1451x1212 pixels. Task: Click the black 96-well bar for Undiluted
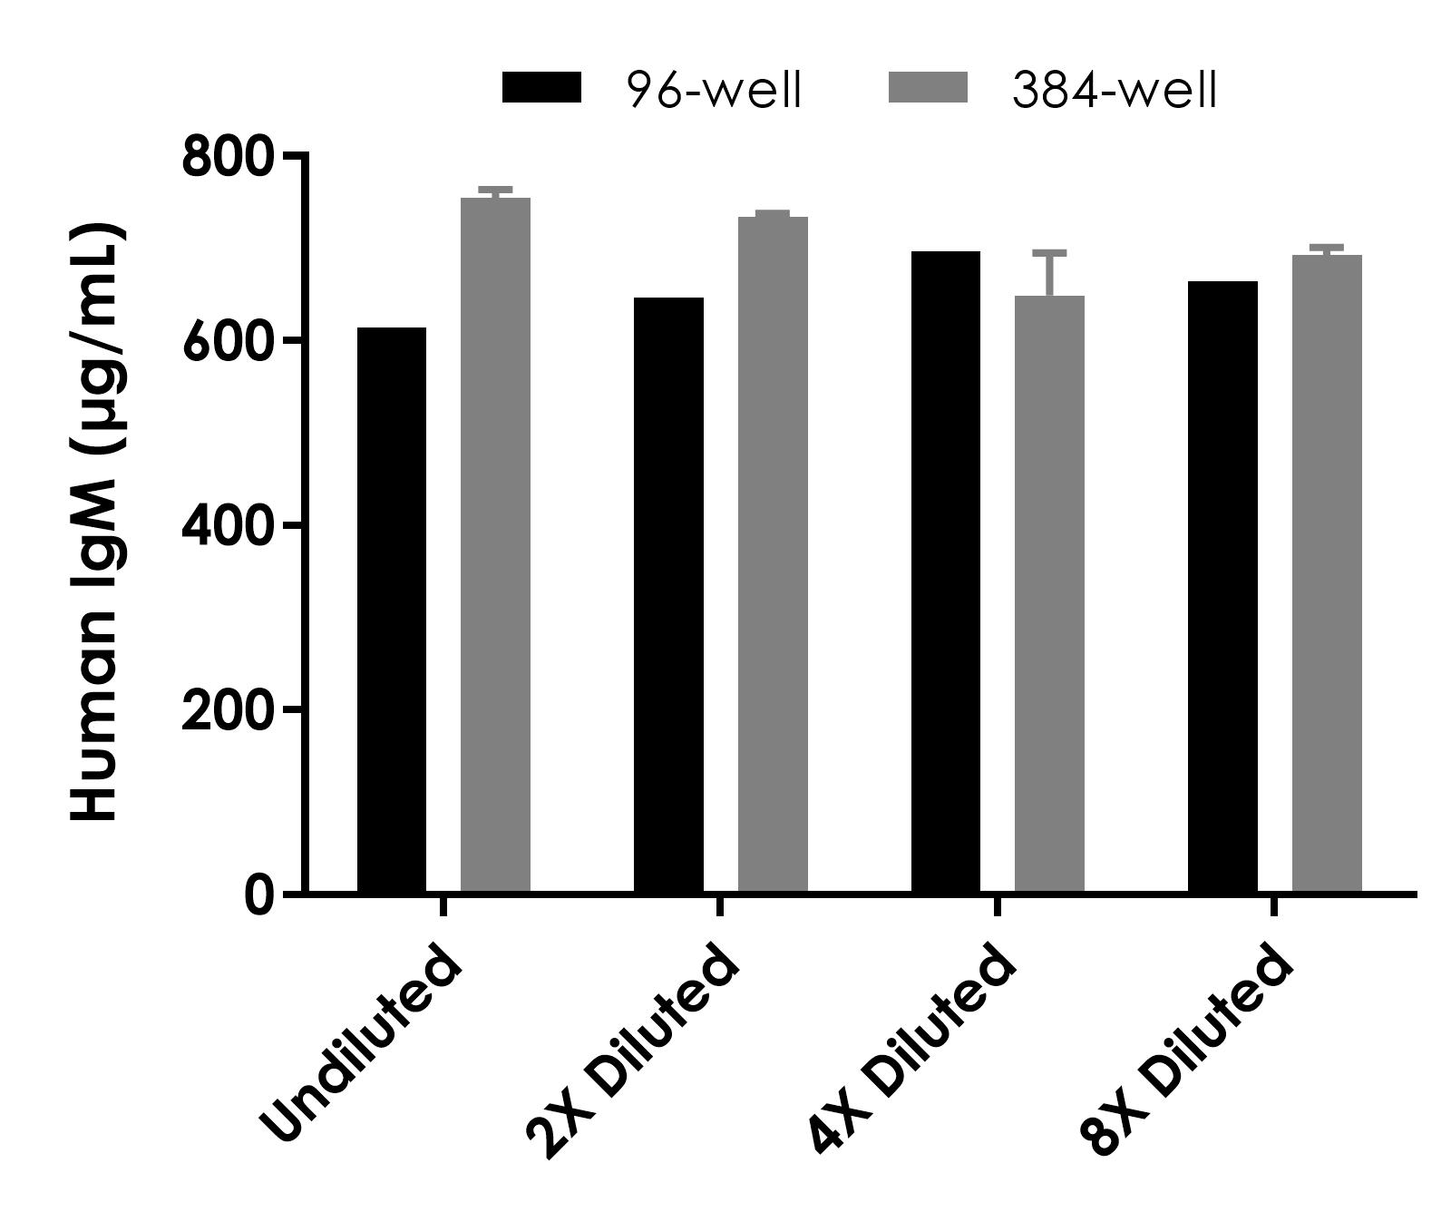pyautogui.click(x=391, y=610)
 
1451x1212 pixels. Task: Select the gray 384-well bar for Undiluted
pyautogui.click(x=495, y=544)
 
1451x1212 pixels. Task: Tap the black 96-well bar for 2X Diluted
pyautogui.click(x=668, y=594)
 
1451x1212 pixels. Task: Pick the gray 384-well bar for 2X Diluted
pyautogui.click(x=773, y=553)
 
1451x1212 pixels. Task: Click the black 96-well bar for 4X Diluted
pyautogui.click(x=945, y=572)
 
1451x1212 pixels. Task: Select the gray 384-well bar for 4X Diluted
pyautogui.click(x=1049, y=594)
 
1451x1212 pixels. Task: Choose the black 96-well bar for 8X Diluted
pyautogui.click(x=1222, y=587)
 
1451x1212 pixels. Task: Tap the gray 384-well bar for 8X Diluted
pyautogui.click(x=1327, y=573)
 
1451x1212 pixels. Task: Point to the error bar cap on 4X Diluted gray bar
pyautogui.click(x=1049, y=252)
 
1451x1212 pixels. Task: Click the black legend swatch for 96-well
pyautogui.click(x=541, y=89)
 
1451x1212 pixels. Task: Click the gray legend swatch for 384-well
pyautogui.click(x=928, y=89)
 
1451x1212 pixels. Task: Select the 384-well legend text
pyautogui.click(x=1115, y=91)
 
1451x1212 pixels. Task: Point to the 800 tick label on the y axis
pyautogui.click(x=227, y=158)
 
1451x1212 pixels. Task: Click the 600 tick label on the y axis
pyautogui.click(x=227, y=342)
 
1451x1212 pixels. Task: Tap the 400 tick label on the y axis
pyautogui.click(x=227, y=526)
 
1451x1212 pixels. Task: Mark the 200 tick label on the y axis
pyautogui.click(x=227, y=710)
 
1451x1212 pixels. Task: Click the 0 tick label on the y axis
pyautogui.click(x=258, y=895)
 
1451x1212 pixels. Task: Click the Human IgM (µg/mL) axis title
pyautogui.click(x=95, y=522)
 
